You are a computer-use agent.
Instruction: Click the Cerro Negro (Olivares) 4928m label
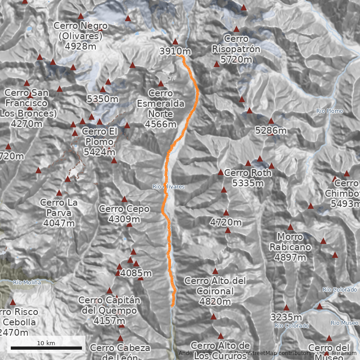click(x=81, y=36)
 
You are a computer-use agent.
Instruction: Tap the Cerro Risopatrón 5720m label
click(x=236, y=49)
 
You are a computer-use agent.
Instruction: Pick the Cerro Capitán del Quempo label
click(x=109, y=310)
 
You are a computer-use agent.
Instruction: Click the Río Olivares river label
click(x=168, y=187)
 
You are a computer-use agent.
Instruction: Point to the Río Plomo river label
click(x=329, y=111)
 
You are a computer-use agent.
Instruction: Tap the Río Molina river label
click(x=27, y=283)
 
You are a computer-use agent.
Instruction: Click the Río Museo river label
click(x=344, y=323)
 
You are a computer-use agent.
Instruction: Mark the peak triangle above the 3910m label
click(x=175, y=41)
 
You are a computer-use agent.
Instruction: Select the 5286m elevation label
click(x=271, y=130)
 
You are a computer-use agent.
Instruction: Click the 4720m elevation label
click(x=226, y=222)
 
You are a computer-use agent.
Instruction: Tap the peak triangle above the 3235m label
click(x=286, y=307)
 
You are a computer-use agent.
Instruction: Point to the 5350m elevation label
click(x=103, y=99)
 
